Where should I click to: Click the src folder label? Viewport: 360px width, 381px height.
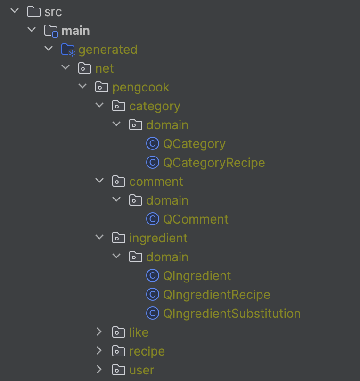tap(53, 12)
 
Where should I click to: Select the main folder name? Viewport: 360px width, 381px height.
tap(75, 31)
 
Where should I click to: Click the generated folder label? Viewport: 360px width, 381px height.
tap(107, 50)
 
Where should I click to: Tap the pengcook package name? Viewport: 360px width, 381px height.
tap(140, 87)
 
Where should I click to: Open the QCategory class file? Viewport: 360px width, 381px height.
tap(194, 144)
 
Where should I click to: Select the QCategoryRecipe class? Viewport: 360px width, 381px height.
tap(214, 163)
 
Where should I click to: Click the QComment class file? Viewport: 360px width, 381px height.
tap(196, 219)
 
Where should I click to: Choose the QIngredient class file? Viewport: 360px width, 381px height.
tap(197, 276)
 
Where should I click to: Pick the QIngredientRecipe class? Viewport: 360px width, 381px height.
tap(217, 295)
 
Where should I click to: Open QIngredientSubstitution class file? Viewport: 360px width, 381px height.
tap(232, 314)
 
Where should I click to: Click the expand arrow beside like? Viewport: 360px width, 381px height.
tap(99, 332)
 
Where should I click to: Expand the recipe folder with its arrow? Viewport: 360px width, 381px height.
tap(99, 351)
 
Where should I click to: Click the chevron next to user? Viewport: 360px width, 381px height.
tap(99, 370)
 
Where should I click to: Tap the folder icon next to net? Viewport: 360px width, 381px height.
tap(84, 68)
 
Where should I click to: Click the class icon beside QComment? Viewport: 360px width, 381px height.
tap(152, 219)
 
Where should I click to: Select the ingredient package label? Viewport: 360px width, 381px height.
tap(158, 238)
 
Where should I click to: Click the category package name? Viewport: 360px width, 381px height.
tap(155, 106)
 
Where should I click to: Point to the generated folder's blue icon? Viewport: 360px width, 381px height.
tap(68, 50)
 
